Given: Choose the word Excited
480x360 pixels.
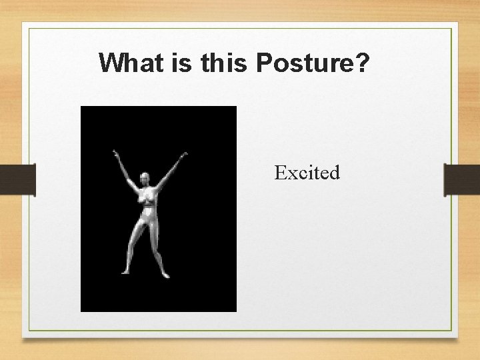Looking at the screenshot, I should pyautogui.click(x=307, y=173).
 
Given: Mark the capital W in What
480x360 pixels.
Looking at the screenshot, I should pyautogui.click(x=111, y=63).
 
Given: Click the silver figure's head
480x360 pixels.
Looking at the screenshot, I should pyautogui.click(x=145, y=179).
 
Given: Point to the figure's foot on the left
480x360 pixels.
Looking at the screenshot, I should pyautogui.click(x=125, y=272).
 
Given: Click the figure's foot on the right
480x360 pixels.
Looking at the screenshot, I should pyautogui.click(x=165, y=274).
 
